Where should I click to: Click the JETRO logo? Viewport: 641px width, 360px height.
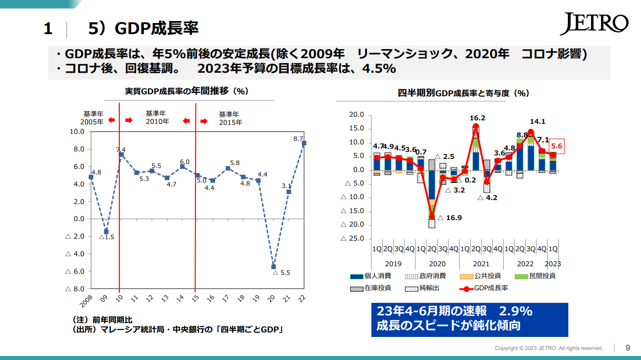(593, 24)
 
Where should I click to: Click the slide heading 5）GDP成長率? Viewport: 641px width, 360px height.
(143, 29)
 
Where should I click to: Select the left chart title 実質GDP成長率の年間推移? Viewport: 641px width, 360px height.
(187, 91)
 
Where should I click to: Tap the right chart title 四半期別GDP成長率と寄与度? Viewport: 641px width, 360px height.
(464, 93)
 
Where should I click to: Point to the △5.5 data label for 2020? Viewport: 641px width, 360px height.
(282, 273)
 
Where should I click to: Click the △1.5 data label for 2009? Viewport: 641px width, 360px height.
(106, 237)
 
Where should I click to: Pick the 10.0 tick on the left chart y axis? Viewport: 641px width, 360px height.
(76, 132)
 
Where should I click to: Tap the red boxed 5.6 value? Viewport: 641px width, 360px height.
(557, 146)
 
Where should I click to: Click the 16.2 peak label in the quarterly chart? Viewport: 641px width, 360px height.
(477, 118)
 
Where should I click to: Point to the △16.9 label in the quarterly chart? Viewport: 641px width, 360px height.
(450, 218)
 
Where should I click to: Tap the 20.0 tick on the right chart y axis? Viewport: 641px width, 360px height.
(356, 115)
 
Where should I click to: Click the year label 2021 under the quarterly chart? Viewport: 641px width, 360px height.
(481, 264)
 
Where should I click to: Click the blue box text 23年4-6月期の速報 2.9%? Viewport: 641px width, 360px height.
(454, 311)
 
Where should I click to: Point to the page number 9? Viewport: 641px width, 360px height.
(628, 347)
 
